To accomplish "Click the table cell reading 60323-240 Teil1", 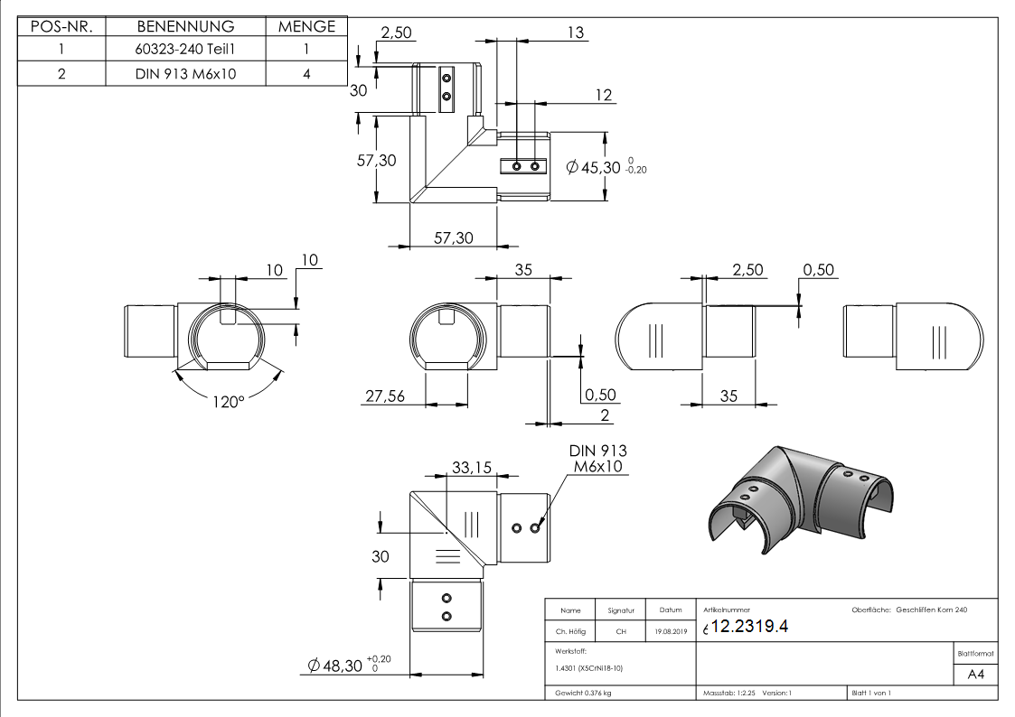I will [185, 51].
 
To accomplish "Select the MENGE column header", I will [306, 27].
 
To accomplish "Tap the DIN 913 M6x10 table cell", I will [185, 74].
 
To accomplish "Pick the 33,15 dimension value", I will [471, 467].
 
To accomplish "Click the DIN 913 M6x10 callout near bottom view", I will [597, 458].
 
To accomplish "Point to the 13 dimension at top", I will [575, 33].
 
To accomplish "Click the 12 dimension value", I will [604, 96].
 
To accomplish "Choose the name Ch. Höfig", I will [570, 631].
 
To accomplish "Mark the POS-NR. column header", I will [61, 27].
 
